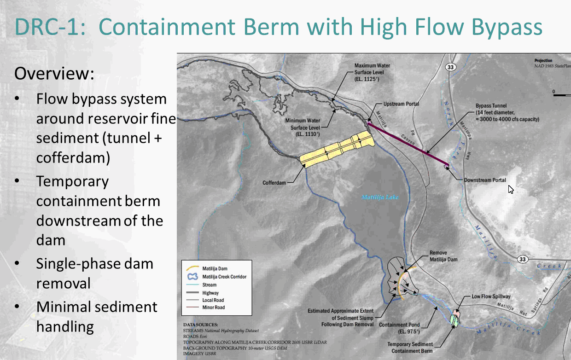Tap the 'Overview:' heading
(x=54, y=73)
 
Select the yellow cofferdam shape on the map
(x=336, y=149)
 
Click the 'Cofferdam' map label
(x=274, y=183)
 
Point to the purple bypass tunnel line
(x=408, y=144)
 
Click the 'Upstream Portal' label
(x=401, y=104)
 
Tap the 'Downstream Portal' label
(x=485, y=180)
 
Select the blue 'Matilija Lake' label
(x=379, y=197)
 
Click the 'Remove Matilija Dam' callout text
(x=443, y=256)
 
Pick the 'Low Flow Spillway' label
(x=491, y=296)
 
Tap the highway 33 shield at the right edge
(x=522, y=260)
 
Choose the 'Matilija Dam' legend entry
(x=215, y=268)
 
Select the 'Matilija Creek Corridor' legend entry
(x=224, y=277)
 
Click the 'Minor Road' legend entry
(x=213, y=307)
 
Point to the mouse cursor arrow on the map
(x=510, y=189)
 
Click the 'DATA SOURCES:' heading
(x=201, y=325)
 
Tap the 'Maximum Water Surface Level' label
(x=372, y=72)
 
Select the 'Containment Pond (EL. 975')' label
(x=399, y=328)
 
